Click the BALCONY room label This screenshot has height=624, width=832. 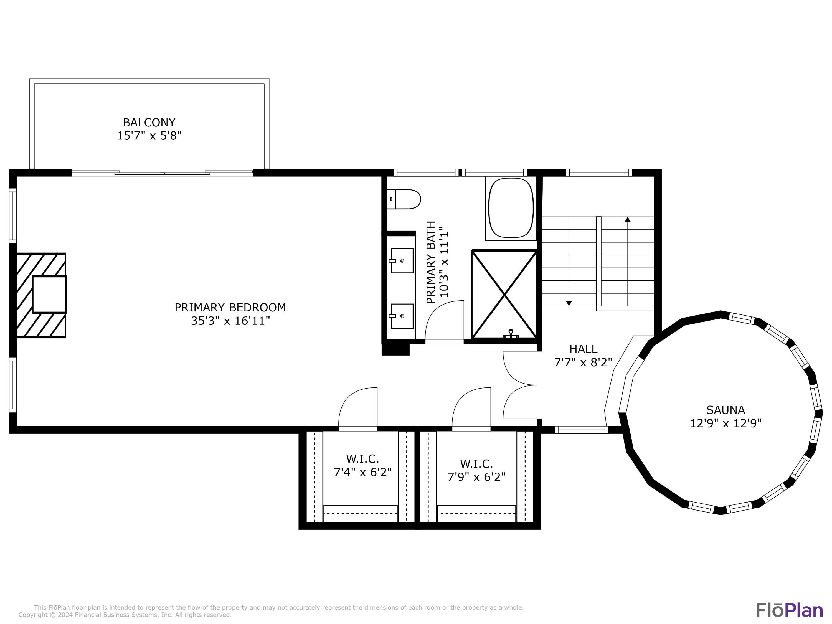149,123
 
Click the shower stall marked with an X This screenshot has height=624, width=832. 504,294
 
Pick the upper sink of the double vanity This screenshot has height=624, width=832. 402,260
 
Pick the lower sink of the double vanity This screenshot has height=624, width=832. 402,316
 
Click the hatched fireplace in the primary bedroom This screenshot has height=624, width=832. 41,295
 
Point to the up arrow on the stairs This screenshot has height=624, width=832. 627,220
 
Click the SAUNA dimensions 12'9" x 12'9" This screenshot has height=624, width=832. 726,423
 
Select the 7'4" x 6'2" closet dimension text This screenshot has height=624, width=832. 362,472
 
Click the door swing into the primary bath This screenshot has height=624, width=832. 444,322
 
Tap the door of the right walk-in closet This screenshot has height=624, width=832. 471,408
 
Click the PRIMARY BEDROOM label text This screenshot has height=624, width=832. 230,308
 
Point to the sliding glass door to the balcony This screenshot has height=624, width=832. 162,173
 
